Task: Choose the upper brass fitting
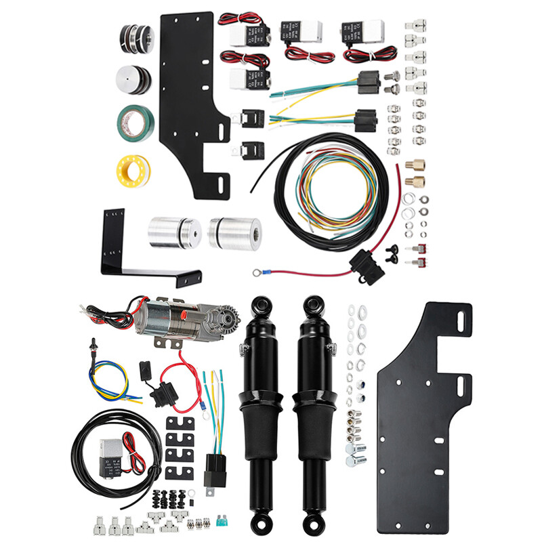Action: [x=416, y=165]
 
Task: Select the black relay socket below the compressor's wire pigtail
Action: [x=218, y=470]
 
